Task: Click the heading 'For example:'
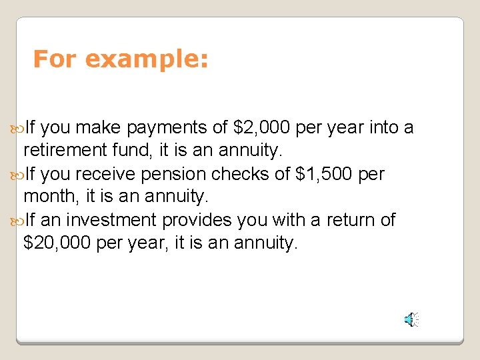click(x=121, y=59)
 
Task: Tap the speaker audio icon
click(x=411, y=320)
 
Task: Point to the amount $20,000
click(x=56, y=243)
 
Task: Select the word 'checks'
click(x=241, y=174)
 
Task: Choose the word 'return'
click(x=343, y=220)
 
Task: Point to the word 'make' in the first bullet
click(x=100, y=128)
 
